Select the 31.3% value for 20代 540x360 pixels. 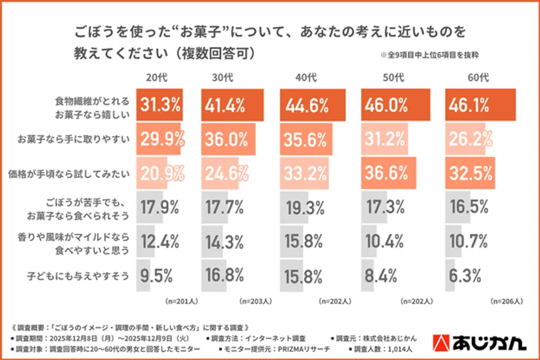tap(159, 104)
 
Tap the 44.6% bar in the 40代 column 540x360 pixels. tap(305, 104)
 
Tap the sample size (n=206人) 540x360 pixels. tap(506, 300)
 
